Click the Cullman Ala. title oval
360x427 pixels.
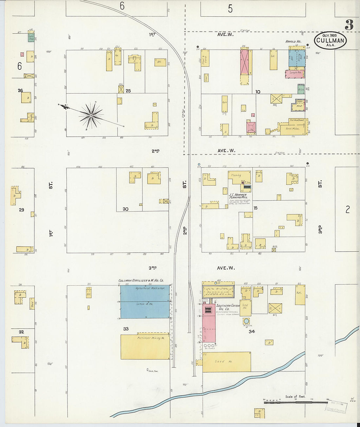[x=330, y=41]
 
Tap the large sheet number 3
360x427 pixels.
[x=349, y=25]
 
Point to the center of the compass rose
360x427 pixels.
[x=91, y=115]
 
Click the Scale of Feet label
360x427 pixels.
[x=295, y=397]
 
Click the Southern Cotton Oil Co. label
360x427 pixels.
[x=228, y=307]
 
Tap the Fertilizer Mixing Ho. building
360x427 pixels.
[x=145, y=347]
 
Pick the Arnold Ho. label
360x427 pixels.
[x=293, y=42]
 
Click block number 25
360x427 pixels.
[x=128, y=91]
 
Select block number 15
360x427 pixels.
[x=255, y=208]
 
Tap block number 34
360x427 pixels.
[x=251, y=331]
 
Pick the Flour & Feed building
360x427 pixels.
[x=205, y=58]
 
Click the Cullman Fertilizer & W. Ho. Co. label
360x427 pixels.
[x=141, y=281]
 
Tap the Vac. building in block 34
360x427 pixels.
[x=299, y=294]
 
